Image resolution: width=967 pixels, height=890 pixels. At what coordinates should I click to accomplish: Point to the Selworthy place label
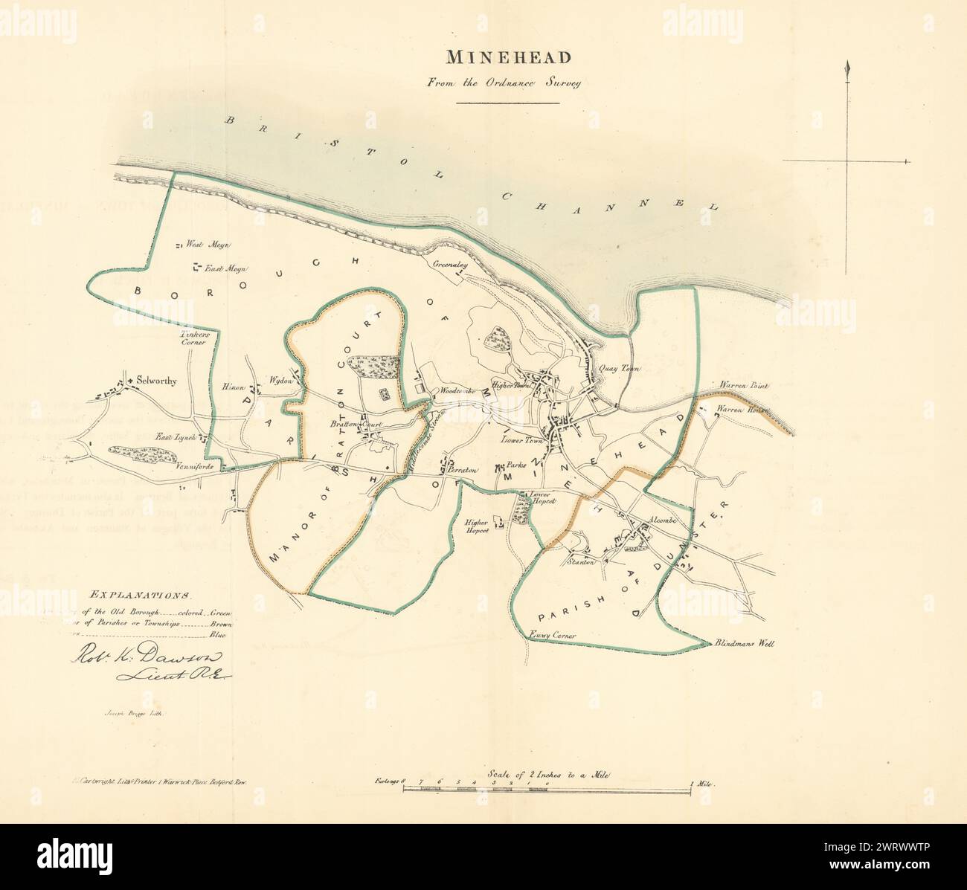coord(155,381)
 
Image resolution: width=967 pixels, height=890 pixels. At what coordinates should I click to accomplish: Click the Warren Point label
coord(744,387)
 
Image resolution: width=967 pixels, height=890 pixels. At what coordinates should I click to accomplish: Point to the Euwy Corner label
coord(554,636)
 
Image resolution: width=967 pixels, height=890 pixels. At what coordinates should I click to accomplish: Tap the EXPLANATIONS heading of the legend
coord(141,595)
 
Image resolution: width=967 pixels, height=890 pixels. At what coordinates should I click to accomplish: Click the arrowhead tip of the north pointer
coord(846,68)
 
